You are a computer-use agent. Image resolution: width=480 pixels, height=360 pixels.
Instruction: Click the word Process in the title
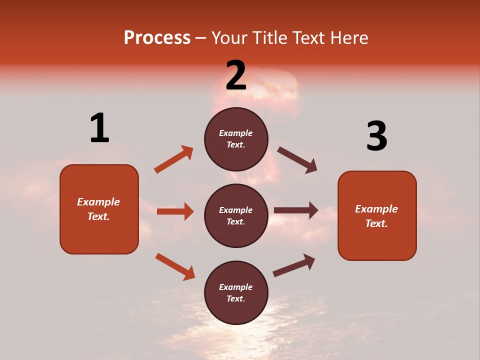157,38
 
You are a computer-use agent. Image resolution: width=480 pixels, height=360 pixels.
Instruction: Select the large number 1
99,128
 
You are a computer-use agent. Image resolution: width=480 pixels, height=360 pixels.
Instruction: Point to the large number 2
236,75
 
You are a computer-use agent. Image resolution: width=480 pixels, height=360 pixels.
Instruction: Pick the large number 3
376,136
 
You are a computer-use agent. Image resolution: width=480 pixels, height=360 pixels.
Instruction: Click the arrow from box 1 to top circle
173,159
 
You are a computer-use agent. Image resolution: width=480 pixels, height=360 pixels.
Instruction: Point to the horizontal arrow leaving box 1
175,211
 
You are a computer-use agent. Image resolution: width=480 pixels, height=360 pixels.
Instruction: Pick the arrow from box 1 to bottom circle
175,266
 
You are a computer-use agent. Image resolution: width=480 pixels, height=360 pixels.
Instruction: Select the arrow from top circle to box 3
297,160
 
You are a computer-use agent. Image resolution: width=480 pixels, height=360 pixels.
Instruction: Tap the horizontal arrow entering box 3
296,210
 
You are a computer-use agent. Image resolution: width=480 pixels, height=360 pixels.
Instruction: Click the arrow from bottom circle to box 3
294,265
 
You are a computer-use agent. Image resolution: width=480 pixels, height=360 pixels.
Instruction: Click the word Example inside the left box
98,202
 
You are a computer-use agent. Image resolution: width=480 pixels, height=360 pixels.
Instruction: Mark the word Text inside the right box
376,223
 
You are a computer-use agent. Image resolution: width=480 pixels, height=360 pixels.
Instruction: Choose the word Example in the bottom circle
235,287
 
